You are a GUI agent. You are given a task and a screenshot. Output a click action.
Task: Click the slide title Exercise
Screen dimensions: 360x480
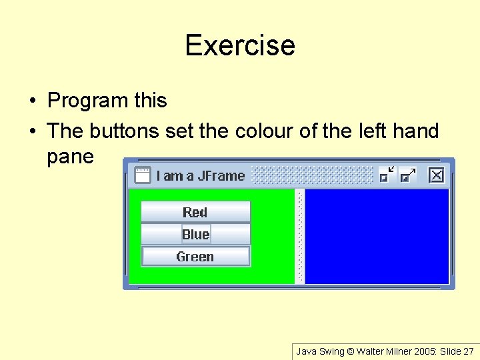point(240,45)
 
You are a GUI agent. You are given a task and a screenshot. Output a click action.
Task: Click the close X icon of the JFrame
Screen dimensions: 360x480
point(436,175)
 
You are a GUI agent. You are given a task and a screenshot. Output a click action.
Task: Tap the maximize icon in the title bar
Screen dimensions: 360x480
point(407,175)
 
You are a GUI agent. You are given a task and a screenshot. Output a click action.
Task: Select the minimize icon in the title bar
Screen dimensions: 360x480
point(387,175)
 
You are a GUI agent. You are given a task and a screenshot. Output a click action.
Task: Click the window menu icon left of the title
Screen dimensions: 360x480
point(142,175)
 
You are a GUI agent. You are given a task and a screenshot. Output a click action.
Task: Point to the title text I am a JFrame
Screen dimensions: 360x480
point(201,176)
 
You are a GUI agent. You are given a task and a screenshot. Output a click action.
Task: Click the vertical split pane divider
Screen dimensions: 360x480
point(299,237)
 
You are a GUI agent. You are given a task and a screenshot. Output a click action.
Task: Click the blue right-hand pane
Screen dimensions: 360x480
point(377,237)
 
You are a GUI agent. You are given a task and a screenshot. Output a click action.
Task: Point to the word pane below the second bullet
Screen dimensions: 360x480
point(70,157)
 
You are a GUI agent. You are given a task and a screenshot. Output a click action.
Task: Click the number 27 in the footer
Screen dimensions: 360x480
point(468,351)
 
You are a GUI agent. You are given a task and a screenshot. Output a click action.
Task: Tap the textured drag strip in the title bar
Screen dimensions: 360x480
point(312,175)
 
